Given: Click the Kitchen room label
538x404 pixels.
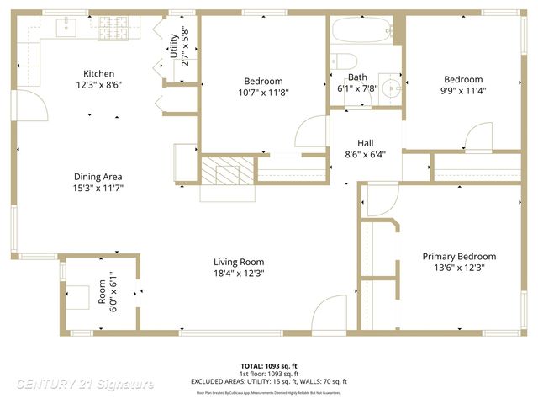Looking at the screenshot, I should click(98, 74).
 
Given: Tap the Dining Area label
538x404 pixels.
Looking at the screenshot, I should click(98, 177).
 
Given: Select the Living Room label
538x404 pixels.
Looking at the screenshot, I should click(239, 262).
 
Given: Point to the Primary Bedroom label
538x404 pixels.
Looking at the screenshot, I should click(459, 257).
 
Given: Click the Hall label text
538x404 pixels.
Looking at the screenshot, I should click(366, 143).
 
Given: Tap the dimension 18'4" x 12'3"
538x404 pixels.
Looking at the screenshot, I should click(239, 273).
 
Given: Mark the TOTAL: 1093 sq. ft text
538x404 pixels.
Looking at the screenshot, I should click(268, 366).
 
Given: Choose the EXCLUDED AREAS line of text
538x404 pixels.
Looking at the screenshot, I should click(268, 381).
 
